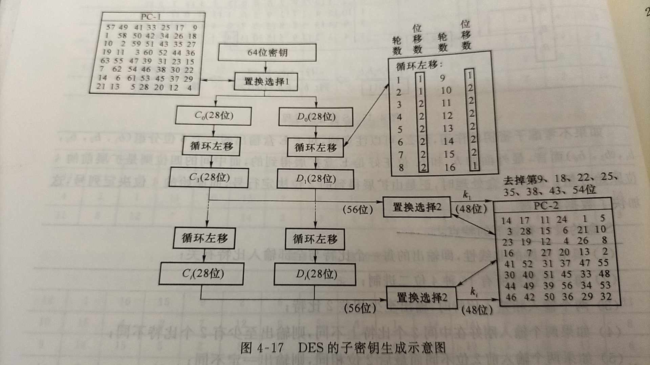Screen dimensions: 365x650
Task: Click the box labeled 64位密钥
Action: tap(267, 52)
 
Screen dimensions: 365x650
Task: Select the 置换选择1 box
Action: tap(266, 81)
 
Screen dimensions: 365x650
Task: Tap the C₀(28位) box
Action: tap(213, 116)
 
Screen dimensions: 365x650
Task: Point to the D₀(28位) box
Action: tap(316, 117)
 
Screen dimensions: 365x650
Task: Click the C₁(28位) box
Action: tap(209, 177)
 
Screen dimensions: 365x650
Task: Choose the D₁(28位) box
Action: tap(315, 178)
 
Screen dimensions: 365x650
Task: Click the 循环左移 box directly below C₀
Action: tap(212, 146)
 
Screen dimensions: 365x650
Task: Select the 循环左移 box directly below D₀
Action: tap(315, 147)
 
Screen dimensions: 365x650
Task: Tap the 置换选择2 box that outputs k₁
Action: tap(417, 207)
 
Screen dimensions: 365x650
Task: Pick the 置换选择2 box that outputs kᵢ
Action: tap(421, 297)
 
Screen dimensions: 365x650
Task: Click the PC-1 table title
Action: tap(151, 17)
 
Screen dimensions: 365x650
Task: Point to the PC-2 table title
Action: tap(546, 205)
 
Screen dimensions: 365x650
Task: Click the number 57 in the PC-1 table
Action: tap(111, 27)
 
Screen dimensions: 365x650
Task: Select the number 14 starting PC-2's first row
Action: tap(506, 221)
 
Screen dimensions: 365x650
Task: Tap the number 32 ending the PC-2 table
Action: tap(606, 296)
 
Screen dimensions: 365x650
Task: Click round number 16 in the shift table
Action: tap(450, 167)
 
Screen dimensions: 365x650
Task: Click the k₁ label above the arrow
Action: tap(467, 195)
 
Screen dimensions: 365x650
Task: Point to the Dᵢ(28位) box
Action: tap(315, 274)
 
